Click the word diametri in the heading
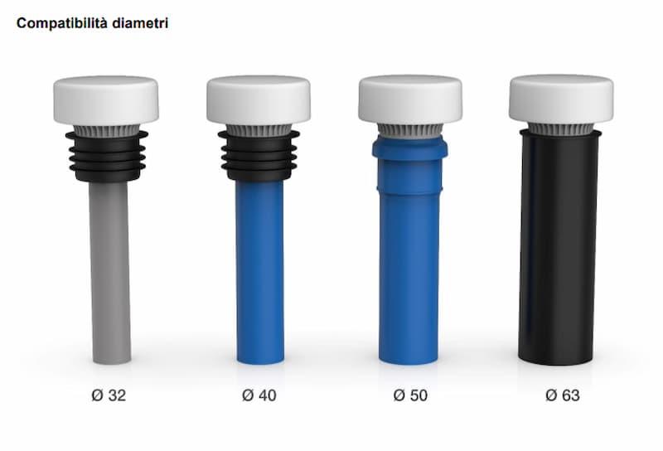tap(140, 22)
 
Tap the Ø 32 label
tap(109, 395)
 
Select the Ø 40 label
tap(259, 395)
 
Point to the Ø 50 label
tap(410, 395)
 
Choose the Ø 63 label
tap(563, 395)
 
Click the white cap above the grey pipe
tap(106, 100)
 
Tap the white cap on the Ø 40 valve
tap(259, 100)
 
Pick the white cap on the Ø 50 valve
tap(410, 99)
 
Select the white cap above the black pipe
tap(562, 99)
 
